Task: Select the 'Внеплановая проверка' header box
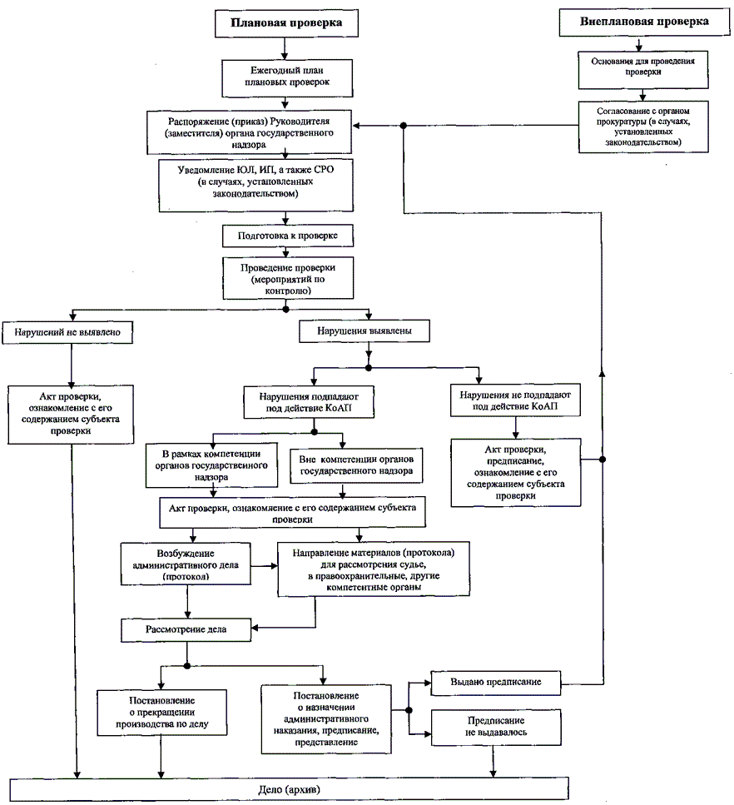click(x=645, y=22)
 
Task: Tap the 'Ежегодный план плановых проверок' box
click(x=288, y=77)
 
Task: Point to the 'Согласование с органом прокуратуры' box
click(x=644, y=126)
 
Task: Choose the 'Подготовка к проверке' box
click(x=287, y=236)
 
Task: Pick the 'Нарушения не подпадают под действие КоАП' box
click(x=513, y=400)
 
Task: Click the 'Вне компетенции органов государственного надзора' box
click(x=356, y=466)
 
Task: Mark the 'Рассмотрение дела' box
click(x=186, y=629)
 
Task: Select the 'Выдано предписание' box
click(x=495, y=683)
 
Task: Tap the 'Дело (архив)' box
click(x=289, y=788)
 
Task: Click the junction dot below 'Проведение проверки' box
click(x=286, y=309)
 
